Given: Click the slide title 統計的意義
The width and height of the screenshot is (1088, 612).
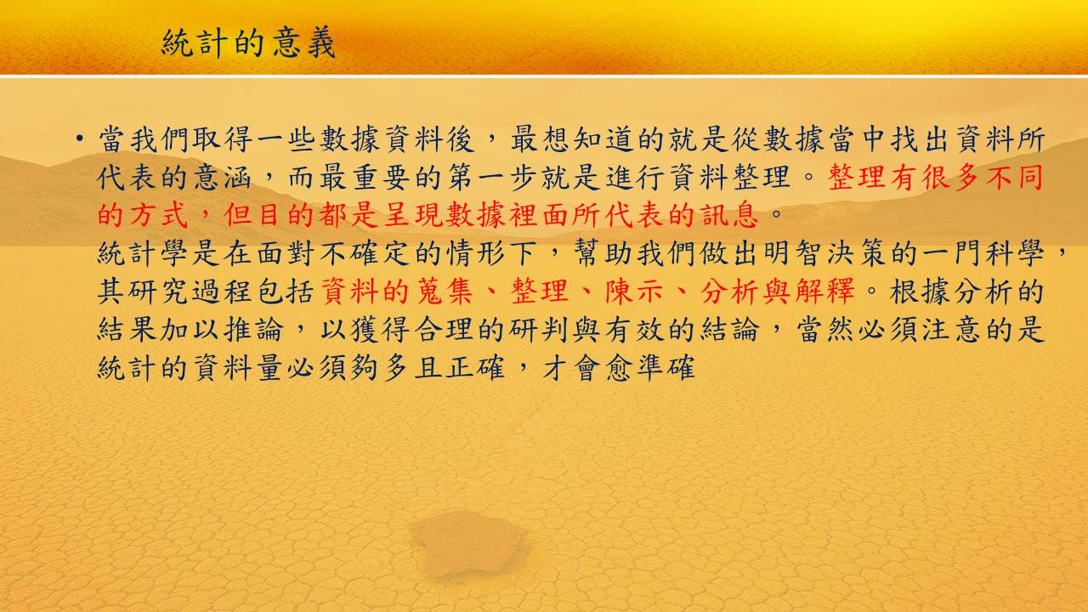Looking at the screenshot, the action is tap(248, 42).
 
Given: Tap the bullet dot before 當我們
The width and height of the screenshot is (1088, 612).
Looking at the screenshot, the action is tap(80, 139).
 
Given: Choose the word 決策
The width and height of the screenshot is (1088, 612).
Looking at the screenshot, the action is tap(856, 253).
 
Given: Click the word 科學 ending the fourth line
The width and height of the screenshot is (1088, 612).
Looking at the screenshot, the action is tap(1015, 253).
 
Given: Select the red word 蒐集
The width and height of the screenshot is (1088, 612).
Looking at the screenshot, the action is tap(445, 292).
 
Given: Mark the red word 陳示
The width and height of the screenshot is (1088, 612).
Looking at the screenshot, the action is tap(634, 292).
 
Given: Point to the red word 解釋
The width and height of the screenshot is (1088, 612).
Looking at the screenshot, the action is tap(824, 292).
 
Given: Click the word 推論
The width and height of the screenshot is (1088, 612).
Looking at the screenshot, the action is tap(253, 330).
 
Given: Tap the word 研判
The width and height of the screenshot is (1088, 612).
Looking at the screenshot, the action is tap(539, 330).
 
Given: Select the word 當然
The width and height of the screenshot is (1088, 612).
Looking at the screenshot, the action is tap(824, 330).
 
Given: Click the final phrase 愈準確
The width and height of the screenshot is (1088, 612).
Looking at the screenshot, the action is tap(650, 368).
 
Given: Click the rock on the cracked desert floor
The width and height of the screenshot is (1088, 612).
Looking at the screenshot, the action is tap(467, 544).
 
